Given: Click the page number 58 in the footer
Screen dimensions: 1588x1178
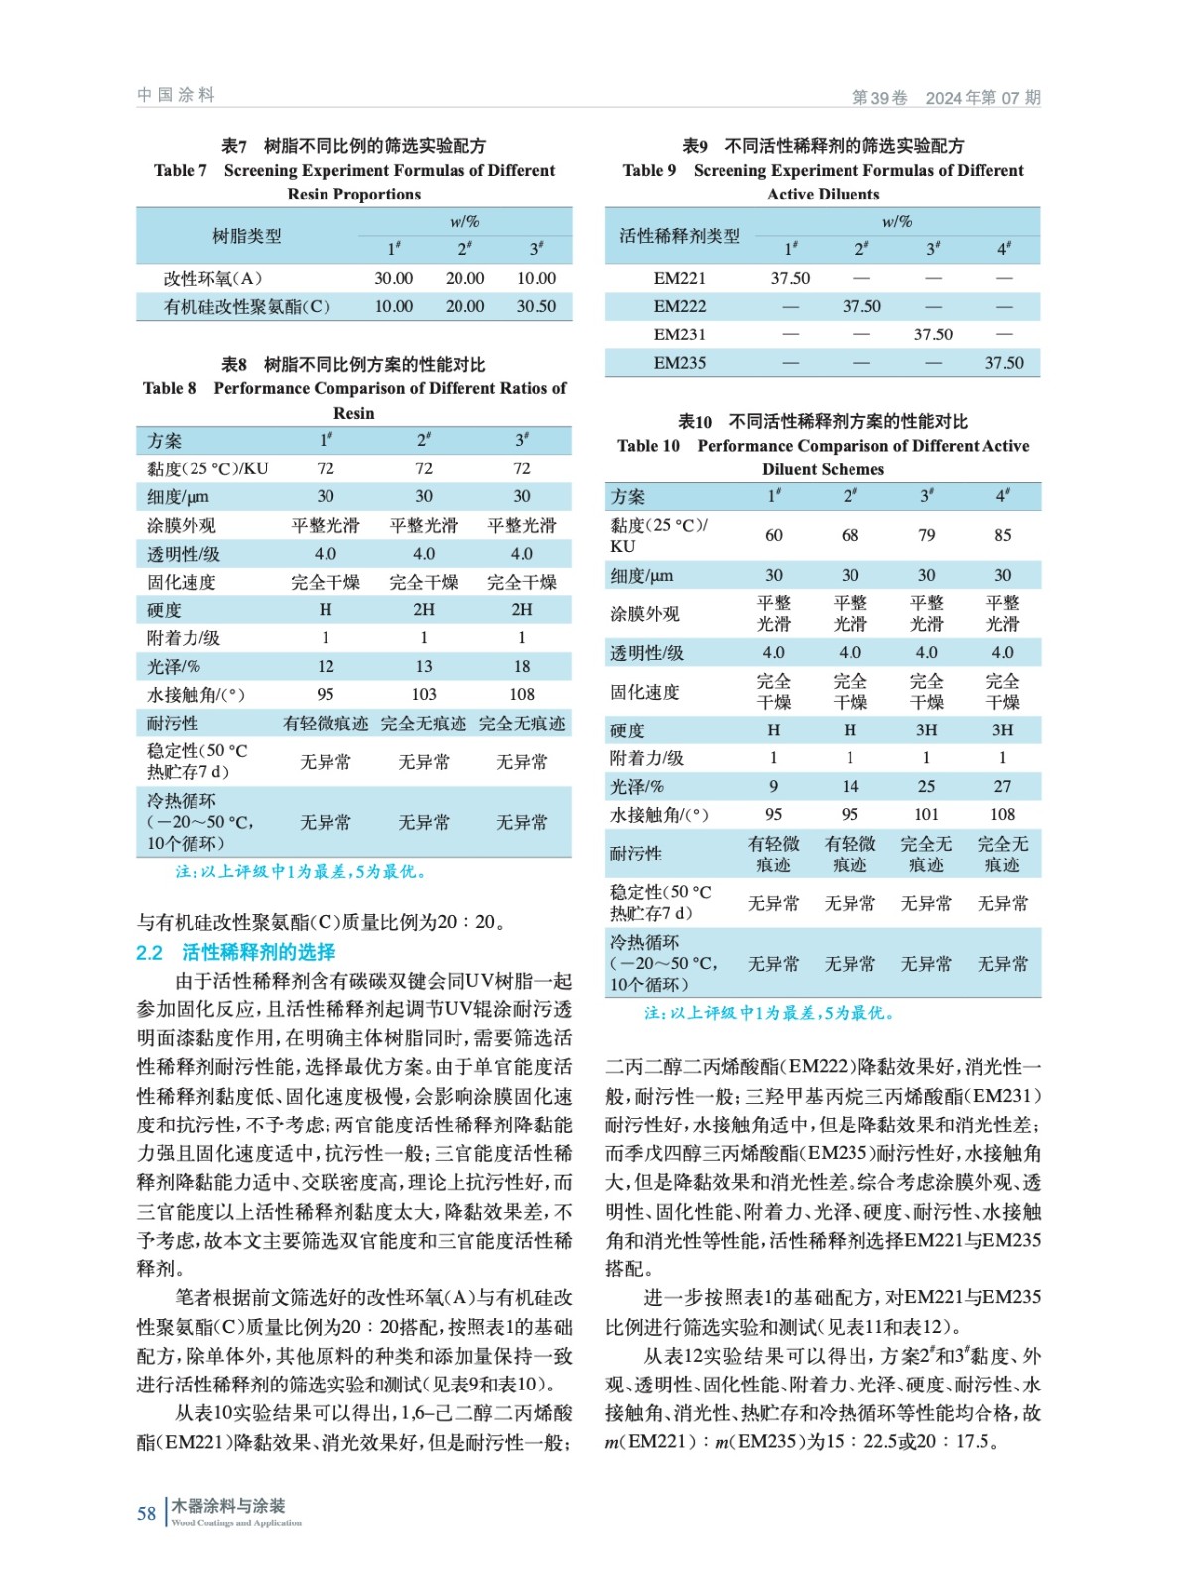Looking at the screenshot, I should coord(146,1513).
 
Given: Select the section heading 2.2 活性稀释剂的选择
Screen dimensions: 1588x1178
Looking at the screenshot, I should coord(236,952).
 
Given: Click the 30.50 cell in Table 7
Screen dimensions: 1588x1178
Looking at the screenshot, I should coord(536,307).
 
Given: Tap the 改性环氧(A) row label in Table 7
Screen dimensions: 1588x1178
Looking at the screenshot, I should coord(212,279).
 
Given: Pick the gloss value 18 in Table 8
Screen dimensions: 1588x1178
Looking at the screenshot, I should coord(522,666).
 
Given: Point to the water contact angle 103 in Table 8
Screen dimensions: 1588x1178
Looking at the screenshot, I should coord(424,694).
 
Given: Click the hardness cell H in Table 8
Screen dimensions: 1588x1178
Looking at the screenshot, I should coord(326,610).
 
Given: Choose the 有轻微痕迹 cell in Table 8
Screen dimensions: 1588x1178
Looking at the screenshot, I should coord(326,724).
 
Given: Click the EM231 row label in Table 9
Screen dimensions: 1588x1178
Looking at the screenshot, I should coord(680,334).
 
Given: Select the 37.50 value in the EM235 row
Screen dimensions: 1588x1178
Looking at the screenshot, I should coord(1004,363).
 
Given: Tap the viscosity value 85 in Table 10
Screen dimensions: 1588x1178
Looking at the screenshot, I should coord(1003,535).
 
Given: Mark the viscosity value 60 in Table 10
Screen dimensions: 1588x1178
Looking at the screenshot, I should coord(774,535).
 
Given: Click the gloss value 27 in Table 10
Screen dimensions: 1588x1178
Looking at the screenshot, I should coord(1003,786).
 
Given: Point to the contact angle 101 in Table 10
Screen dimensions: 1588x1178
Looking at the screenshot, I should coord(926,814).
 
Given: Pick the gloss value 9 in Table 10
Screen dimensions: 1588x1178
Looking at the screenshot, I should coord(774,786).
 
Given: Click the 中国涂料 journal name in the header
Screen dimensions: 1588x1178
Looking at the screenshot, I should coord(176,95).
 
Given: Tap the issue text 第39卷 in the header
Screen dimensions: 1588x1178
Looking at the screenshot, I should coord(880,98).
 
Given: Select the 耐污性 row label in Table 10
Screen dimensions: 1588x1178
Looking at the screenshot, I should coord(635,854).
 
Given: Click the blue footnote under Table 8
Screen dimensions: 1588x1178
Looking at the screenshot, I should coord(301,872).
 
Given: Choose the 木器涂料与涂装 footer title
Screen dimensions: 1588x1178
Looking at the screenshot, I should coord(228,1506).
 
